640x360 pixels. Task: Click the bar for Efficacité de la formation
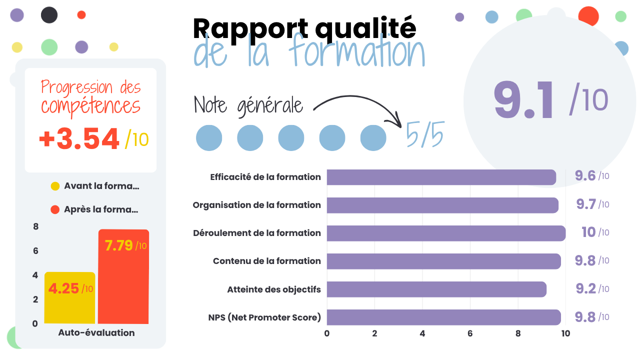441,177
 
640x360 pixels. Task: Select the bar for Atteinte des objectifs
436,289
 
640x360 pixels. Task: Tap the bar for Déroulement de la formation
446,233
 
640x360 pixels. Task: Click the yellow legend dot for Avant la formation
55,186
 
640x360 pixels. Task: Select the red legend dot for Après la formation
55,210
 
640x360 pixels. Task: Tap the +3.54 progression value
79,139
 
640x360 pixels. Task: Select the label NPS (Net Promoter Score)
264,317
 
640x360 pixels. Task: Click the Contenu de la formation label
266,261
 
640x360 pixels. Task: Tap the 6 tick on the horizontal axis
470,333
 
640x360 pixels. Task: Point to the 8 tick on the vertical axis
35,227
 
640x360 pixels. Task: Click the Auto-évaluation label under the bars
96,333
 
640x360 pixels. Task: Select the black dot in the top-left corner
49,15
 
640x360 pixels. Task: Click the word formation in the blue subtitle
357,53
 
